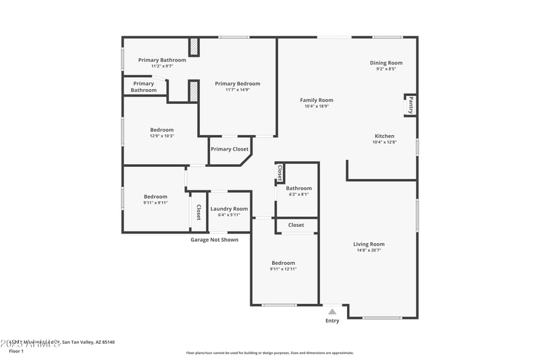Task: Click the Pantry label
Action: click(410, 105)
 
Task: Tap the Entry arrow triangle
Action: click(331, 311)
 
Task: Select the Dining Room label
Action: click(386, 63)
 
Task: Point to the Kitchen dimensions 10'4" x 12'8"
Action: click(384, 142)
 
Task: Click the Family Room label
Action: click(317, 100)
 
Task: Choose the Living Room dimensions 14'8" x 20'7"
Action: click(369, 250)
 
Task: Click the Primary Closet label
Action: click(230, 149)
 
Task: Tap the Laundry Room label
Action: click(229, 209)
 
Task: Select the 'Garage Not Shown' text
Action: click(214, 240)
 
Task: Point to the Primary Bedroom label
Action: click(238, 84)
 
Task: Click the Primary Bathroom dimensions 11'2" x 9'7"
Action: click(162, 66)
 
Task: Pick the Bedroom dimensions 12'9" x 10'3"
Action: click(162, 136)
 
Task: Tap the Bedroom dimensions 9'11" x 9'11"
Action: click(155, 203)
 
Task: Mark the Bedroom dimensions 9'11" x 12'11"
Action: click(283, 269)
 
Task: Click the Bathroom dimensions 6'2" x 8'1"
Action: click(298, 195)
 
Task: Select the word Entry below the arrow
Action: click(332, 321)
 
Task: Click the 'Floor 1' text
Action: click(16, 351)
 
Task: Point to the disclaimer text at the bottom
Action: click(269, 353)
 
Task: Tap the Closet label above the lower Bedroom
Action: click(296, 225)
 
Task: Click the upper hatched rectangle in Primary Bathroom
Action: click(194, 47)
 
